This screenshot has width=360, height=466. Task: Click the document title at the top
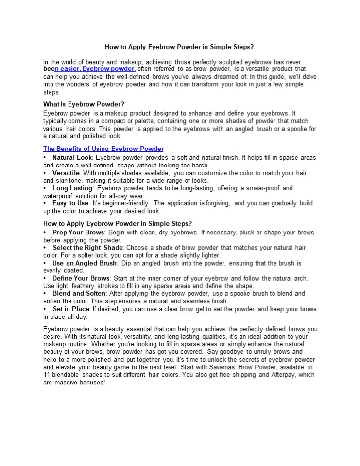click(180, 47)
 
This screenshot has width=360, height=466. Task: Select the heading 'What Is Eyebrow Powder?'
click(84, 104)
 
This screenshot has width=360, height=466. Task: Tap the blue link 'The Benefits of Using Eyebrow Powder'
click(103, 149)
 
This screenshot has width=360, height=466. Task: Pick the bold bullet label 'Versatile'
click(66, 173)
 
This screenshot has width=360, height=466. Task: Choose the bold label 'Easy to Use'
click(70, 203)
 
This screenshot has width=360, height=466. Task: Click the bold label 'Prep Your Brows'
click(78, 233)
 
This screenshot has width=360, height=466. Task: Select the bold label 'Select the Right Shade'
click(88, 248)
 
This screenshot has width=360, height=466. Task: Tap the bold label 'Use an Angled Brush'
click(85, 263)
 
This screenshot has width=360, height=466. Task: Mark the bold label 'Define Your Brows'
click(81, 278)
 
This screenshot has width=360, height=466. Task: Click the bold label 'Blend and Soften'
click(79, 293)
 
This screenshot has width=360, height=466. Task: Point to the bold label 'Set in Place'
click(71, 309)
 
